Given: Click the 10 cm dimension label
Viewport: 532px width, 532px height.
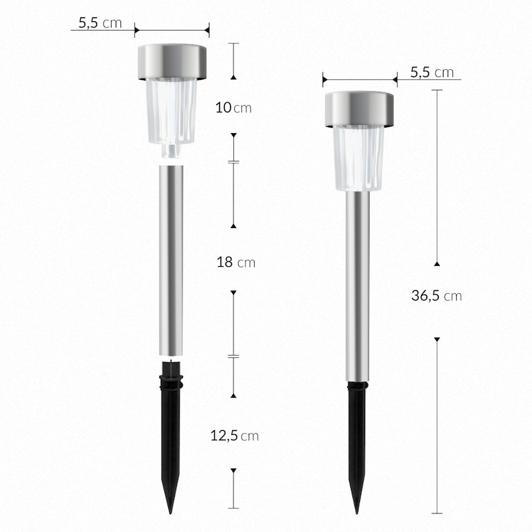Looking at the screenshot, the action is (x=233, y=108).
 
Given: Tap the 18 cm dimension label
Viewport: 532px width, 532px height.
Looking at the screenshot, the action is (x=236, y=262).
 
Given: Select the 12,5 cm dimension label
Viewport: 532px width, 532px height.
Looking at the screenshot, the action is (x=235, y=436).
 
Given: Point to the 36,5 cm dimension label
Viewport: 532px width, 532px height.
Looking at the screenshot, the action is (x=436, y=296).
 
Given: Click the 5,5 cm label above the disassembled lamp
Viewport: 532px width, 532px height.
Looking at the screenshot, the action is (x=100, y=23).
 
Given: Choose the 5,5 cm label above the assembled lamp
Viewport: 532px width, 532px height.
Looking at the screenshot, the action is (x=432, y=72).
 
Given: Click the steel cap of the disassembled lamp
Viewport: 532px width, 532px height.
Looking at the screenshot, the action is (x=172, y=61).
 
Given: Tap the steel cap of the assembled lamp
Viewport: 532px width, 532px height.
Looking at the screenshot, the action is (x=359, y=109).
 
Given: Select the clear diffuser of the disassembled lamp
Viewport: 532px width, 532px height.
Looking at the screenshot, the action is (x=172, y=111).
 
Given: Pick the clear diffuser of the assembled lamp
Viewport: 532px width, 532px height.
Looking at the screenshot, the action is (x=358, y=158).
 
